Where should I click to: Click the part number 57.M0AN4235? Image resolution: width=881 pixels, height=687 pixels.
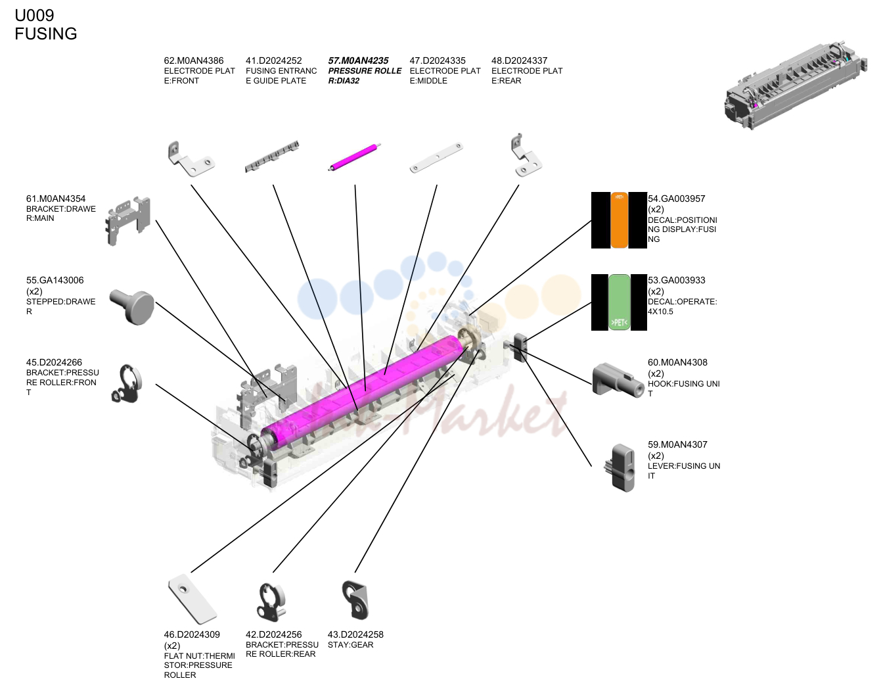coord(358,61)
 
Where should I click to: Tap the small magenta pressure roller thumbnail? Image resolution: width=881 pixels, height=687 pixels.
coord(354,157)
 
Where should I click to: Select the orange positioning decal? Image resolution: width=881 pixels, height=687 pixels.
coord(619,220)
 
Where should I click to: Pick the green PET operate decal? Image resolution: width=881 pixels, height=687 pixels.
coord(619,302)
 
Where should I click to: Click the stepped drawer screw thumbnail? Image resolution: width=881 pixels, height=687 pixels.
coord(133,306)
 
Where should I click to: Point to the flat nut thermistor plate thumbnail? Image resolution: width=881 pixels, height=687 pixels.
coord(192,599)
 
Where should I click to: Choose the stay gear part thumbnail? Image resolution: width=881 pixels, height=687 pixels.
coord(355,600)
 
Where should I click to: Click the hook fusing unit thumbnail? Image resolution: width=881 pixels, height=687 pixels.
coord(618,381)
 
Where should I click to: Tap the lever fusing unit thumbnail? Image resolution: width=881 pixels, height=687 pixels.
coord(620,468)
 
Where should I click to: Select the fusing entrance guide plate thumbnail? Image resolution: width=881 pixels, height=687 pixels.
coord(272,156)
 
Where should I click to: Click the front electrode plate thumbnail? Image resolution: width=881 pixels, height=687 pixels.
coord(191,158)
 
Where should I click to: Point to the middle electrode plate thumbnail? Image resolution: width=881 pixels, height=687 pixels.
coord(436,158)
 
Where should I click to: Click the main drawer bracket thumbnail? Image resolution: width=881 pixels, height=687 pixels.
coord(128,221)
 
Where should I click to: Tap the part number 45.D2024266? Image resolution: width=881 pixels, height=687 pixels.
coord(54,362)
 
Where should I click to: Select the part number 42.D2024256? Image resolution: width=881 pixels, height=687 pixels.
coord(274,634)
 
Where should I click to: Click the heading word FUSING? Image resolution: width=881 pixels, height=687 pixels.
coord(46,34)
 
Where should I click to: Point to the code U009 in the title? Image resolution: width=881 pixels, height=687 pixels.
coord(34,15)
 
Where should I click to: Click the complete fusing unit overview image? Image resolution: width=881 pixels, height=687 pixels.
coord(796,85)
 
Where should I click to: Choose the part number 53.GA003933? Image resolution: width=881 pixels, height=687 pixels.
coord(676,280)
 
